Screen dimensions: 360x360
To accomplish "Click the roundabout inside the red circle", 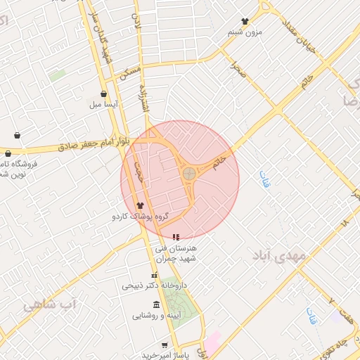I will click(x=189, y=173).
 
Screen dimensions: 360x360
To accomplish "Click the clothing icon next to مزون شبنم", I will click(x=245, y=22).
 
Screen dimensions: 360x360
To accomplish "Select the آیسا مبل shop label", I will click(x=103, y=105).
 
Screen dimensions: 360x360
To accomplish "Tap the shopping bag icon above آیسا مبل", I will click(x=103, y=94).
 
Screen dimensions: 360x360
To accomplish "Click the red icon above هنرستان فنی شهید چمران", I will click(x=175, y=237).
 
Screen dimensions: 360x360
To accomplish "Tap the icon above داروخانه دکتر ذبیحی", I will click(x=155, y=275).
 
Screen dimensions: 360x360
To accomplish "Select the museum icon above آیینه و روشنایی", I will click(x=155, y=304).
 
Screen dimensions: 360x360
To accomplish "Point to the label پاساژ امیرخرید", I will click(x=163, y=355).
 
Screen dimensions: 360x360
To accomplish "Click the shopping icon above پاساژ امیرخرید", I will click(x=165, y=345).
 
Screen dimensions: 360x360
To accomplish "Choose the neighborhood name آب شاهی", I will click(x=49, y=304).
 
